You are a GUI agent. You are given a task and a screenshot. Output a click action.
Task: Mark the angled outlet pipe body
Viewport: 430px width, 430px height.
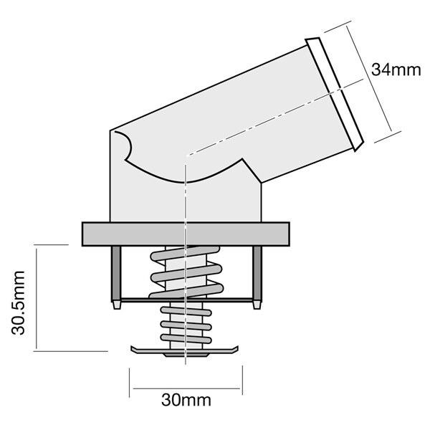tap(236, 122)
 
